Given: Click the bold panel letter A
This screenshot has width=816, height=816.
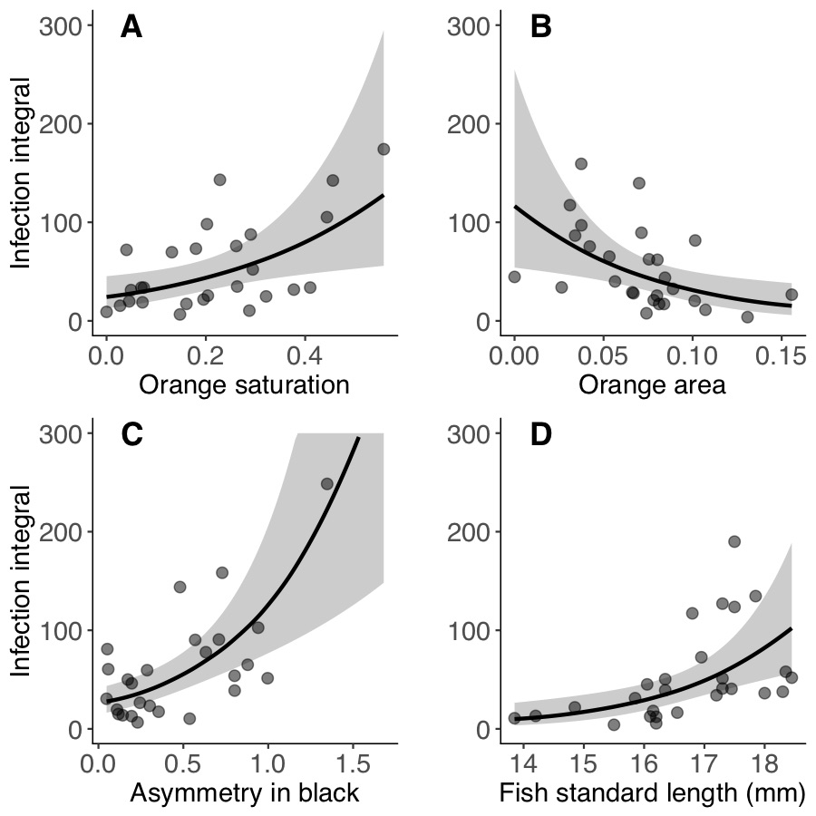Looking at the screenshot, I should [x=131, y=28].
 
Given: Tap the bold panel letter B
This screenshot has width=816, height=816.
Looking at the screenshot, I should [x=540, y=28].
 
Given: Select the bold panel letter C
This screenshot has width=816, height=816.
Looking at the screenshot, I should [x=132, y=435].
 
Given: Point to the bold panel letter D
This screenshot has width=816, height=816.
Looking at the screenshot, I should [x=541, y=435].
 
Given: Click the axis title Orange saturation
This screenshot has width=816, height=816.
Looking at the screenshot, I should [x=244, y=385].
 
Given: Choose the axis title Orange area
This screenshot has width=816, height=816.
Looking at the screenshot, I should [x=652, y=385].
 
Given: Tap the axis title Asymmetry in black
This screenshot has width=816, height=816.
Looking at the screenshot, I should [x=245, y=793].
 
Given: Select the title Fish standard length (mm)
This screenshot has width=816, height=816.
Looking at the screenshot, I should [x=653, y=793].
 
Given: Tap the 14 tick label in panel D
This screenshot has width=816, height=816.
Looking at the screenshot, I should [x=521, y=761].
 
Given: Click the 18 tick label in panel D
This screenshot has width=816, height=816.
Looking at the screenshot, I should [x=763, y=761].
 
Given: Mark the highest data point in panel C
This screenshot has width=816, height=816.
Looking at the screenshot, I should [x=327, y=483].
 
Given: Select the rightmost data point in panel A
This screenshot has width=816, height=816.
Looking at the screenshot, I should [x=384, y=149].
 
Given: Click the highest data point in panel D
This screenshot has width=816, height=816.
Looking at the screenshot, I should [x=734, y=541].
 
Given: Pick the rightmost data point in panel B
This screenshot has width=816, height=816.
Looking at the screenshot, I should [x=792, y=294].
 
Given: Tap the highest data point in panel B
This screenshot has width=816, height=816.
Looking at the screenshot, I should [x=581, y=164].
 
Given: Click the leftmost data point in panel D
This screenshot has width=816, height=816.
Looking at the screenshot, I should [x=515, y=718].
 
